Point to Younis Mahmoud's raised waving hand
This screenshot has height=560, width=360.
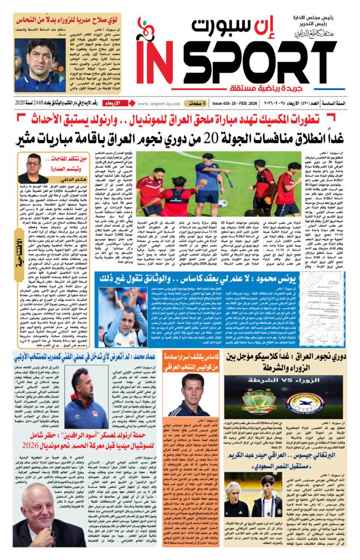pos(119,299)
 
